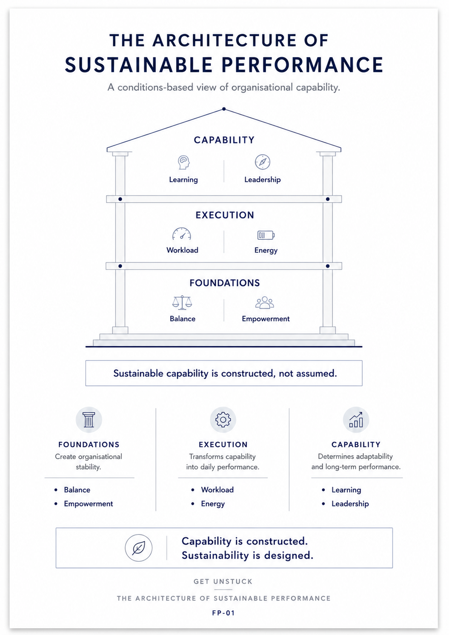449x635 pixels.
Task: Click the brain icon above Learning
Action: click(183, 162)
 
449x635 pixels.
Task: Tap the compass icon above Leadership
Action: click(262, 162)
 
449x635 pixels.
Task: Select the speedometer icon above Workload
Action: click(182, 234)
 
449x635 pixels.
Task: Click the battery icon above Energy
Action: click(266, 235)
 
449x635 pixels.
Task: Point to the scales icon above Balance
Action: click(182, 302)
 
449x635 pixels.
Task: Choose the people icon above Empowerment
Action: click(265, 302)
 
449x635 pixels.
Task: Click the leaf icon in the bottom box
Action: click(138, 548)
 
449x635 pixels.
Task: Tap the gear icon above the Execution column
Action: click(223, 420)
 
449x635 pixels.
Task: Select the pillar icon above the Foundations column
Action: click(89, 420)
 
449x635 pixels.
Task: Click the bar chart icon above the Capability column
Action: click(356, 420)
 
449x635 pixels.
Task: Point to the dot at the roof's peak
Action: click(224, 109)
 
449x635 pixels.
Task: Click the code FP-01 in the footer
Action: click(223, 613)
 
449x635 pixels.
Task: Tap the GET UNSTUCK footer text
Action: click(223, 581)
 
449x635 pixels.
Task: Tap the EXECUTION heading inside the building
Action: click(225, 215)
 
